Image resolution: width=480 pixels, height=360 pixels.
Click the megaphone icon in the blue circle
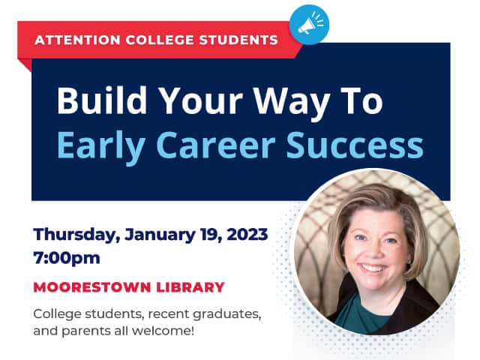coord(310,23)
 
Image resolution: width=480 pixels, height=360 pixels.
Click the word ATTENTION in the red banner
coord(77,40)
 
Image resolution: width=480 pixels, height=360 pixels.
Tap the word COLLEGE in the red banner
coord(160,40)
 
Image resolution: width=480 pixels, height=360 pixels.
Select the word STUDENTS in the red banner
coord(238,40)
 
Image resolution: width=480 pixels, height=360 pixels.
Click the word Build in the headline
coord(102,100)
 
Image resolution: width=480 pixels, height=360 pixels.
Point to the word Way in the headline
coord(292,103)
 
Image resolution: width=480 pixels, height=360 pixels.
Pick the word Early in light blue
coord(101,146)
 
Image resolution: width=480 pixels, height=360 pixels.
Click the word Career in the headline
coord(216,145)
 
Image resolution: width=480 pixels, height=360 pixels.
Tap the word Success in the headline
coord(355,145)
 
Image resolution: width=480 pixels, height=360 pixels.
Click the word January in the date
coord(160,235)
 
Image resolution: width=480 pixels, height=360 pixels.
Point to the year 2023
coord(247,235)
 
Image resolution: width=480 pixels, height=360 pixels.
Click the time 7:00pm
coord(67,259)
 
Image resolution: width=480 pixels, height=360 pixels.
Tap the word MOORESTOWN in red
coord(92,287)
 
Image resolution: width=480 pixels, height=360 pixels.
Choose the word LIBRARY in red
coord(190,287)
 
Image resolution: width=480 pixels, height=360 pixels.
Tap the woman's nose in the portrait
coord(376,250)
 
